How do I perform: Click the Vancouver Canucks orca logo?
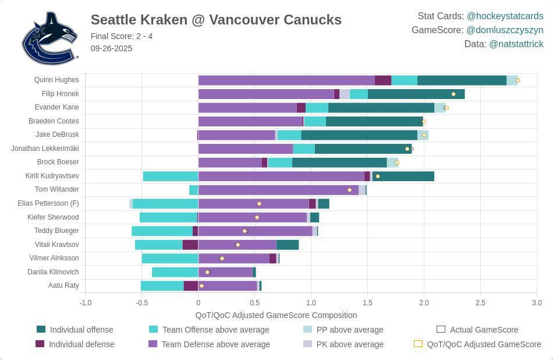point(49,38)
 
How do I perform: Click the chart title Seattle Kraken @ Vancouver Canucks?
point(216,20)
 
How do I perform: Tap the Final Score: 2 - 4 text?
point(122,36)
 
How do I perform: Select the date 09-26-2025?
point(111,48)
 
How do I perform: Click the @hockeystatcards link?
point(505,16)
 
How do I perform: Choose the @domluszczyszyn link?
point(505,30)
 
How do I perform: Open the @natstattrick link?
point(516,44)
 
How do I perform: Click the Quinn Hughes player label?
point(56,80)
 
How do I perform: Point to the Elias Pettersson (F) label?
point(48,203)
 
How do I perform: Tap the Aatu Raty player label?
point(63,285)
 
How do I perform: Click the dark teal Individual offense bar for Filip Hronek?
point(416,94)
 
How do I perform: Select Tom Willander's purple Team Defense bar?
point(278,190)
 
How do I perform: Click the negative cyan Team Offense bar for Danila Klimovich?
point(175,272)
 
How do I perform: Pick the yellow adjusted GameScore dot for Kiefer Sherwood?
point(257,217)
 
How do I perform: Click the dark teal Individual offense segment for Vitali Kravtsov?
point(287,245)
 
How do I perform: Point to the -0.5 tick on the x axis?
point(141,303)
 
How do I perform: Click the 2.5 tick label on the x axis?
point(480,303)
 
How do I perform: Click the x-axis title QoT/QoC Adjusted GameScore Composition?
point(276,315)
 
